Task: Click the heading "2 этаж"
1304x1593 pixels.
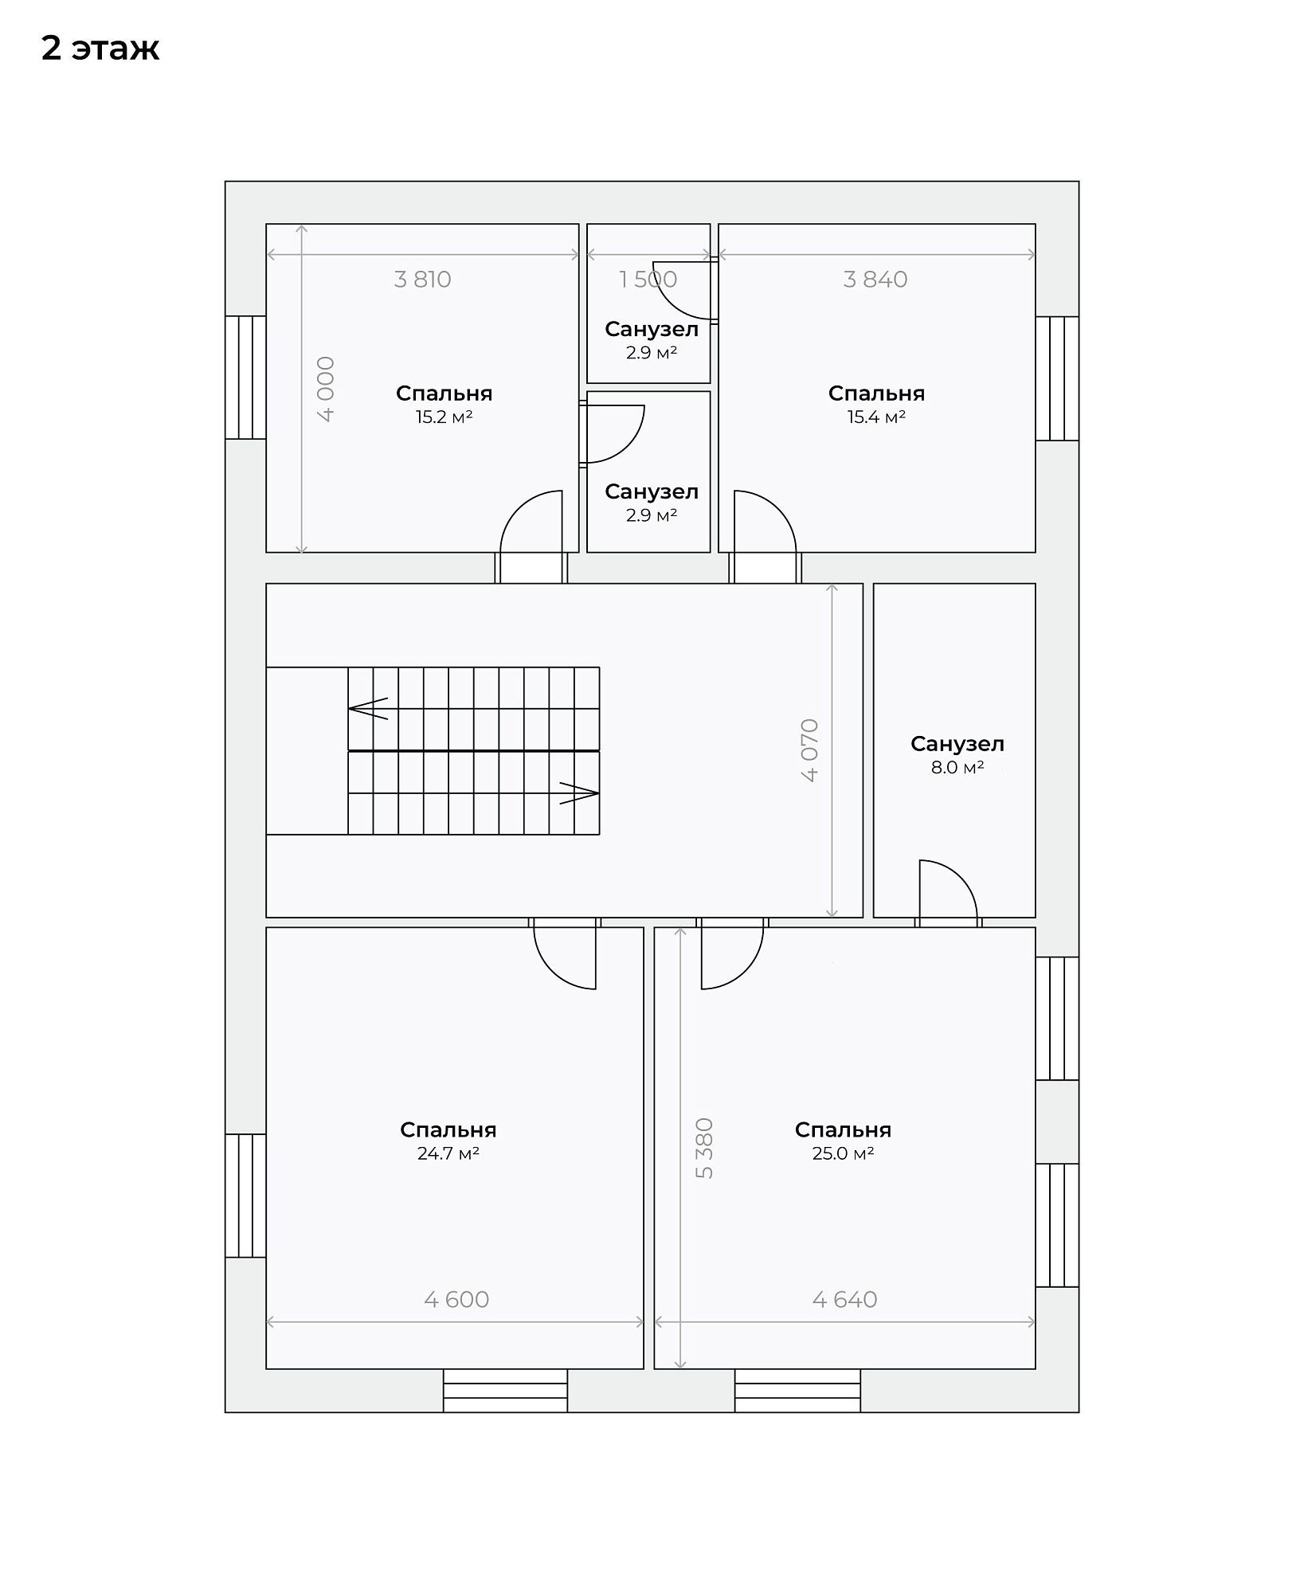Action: [x=100, y=49]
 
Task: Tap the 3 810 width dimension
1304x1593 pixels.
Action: [x=422, y=280]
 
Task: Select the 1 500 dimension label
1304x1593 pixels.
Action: [x=648, y=280]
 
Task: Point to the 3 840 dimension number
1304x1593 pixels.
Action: [x=875, y=280]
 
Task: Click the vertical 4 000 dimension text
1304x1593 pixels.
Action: [x=326, y=389]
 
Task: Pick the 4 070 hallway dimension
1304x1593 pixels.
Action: [x=809, y=750]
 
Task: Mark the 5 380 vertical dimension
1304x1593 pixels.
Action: [x=704, y=1148]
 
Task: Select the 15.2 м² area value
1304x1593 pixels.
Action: [x=444, y=417]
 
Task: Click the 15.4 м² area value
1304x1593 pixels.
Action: [x=876, y=417]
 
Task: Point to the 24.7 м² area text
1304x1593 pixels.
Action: [x=448, y=1153]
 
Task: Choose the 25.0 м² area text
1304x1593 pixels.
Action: [x=843, y=1153]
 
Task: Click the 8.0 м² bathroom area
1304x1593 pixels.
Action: [x=957, y=768]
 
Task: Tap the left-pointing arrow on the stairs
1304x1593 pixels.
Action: [x=368, y=708]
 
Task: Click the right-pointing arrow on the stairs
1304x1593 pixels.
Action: [x=579, y=793]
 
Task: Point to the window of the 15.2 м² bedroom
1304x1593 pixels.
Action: [x=245, y=378]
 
